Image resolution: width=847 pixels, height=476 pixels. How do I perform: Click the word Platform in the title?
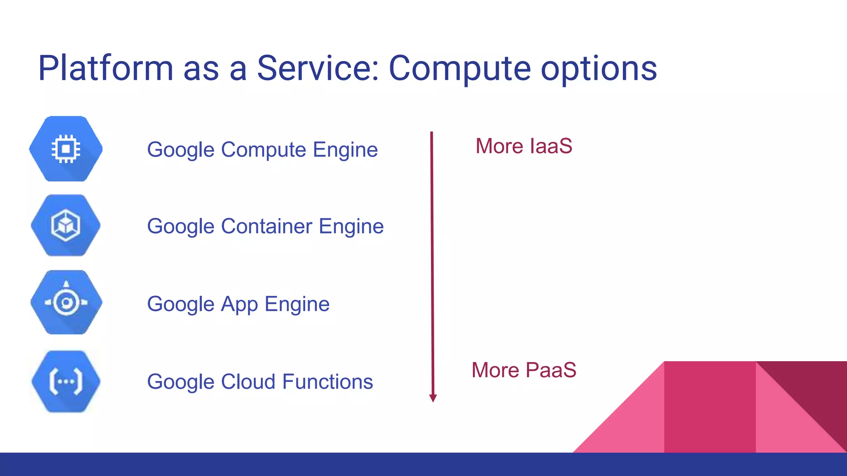(x=105, y=68)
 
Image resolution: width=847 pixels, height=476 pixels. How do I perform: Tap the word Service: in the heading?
(x=318, y=68)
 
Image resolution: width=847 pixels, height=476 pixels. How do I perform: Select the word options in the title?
(x=599, y=69)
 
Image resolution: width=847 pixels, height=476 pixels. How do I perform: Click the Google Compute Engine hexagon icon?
(x=66, y=149)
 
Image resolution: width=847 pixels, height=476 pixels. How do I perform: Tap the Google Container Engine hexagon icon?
(x=66, y=226)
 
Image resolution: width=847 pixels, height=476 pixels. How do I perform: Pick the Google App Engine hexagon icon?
(x=66, y=302)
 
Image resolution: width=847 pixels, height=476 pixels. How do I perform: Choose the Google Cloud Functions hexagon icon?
(x=66, y=381)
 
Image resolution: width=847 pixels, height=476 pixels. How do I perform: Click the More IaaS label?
(x=524, y=146)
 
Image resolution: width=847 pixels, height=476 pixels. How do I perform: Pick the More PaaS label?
(x=524, y=370)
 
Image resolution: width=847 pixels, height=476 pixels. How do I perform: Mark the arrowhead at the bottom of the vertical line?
(x=433, y=398)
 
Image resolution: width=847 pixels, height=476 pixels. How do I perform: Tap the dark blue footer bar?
(x=423, y=464)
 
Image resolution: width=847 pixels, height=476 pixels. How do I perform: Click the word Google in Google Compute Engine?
(x=180, y=150)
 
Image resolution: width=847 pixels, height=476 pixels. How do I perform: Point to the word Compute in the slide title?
(x=459, y=69)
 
